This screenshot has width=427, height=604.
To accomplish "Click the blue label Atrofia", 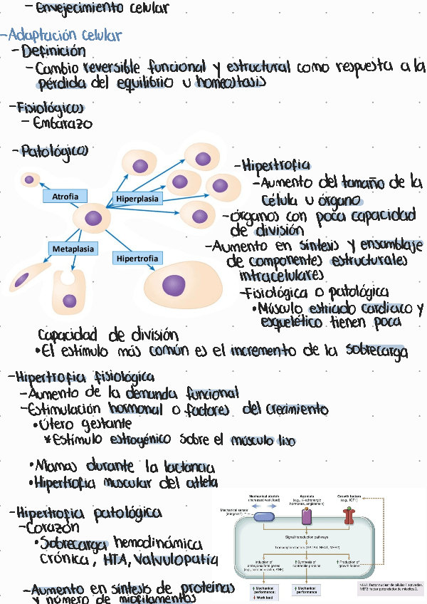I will point(65,196).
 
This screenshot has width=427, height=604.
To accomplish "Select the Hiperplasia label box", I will point(137,198).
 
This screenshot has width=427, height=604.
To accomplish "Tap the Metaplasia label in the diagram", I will point(73,249).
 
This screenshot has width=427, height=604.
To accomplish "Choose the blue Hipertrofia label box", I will point(137,258).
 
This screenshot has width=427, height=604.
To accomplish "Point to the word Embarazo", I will point(62,123).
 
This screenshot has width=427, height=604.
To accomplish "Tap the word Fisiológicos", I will point(51,108).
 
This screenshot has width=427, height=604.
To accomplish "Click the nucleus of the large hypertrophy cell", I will point(173,286).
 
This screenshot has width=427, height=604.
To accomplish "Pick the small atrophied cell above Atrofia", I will point(29,179).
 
